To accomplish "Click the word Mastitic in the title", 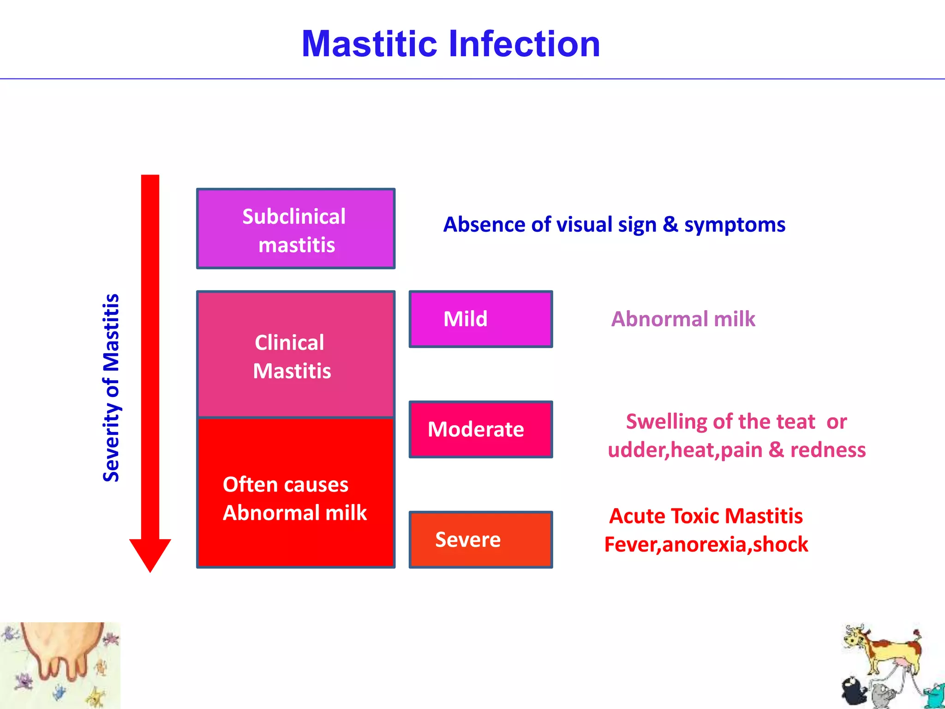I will click(x=369, y=44).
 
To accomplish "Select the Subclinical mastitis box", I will click(x=295, y=228).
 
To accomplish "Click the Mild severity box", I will click(x=480, y=319).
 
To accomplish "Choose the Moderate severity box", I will click(x=480, y=429).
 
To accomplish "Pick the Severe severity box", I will click(x=480, y=539).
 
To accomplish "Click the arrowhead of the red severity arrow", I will click(x=150, y=554).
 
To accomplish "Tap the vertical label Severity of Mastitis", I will click(x=111, y=388).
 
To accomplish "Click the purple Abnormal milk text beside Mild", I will click(x=683, y=319).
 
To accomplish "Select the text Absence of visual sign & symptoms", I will click(x=614, y=225).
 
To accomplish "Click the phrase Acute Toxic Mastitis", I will click(x=706, y=516).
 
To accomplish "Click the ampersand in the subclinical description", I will click(x=670, y=225).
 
